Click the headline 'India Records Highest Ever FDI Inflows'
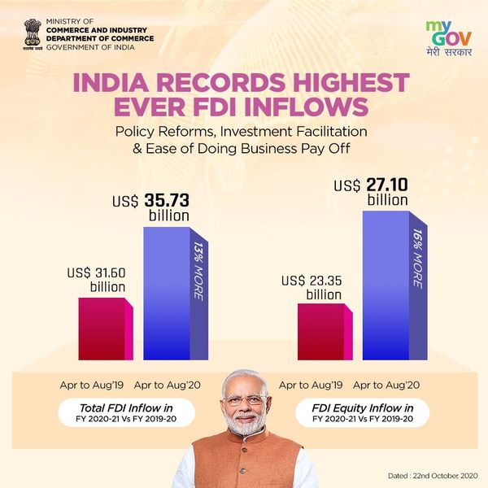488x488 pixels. tap(243, 95)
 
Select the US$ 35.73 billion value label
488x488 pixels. tap(155, 207)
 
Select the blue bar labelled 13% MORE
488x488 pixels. tap(168, 293)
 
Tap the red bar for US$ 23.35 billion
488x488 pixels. tap(320, 332)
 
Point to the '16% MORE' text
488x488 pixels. tap(416, 259)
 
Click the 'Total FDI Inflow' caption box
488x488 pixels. tap(127, 412)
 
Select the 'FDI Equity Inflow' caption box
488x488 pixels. tap(363, 412)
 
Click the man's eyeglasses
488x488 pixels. tap(243, 401)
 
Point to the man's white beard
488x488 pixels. tap(244, 427)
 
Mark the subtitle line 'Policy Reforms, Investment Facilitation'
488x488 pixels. tap(243, 131)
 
